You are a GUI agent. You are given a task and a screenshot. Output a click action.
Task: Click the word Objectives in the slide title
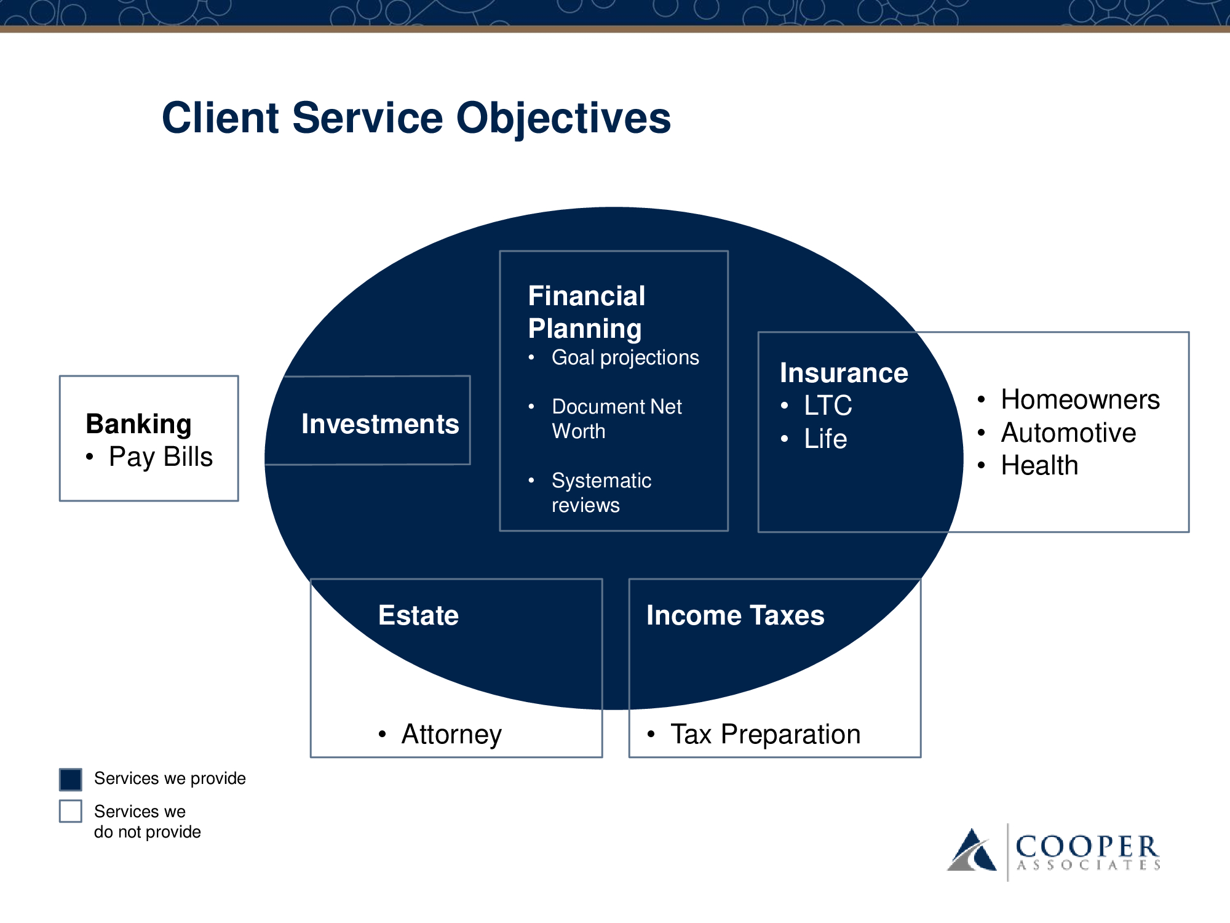pos(563,118)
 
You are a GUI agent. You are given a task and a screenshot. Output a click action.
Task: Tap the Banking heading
pos(139,424)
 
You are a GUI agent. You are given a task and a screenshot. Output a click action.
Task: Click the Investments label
pos(380,424)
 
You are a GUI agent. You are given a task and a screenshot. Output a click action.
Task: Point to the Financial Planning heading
pos(587,312)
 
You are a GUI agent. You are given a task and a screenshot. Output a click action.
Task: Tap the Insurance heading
pos(844,373)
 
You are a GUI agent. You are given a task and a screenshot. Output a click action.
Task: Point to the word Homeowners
pos(1081,399)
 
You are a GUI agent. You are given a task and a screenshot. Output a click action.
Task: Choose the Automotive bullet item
pos(1069,433)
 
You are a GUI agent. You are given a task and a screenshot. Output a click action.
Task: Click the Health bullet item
pos(1040,465)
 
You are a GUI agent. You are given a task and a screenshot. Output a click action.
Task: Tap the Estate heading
pos(418,615)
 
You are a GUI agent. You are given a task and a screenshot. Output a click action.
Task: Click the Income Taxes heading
pos(736,615)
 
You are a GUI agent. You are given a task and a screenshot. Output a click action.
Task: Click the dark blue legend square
pos(71,779)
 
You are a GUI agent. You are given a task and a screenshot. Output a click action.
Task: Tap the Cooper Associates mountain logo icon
pos(972,850)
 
